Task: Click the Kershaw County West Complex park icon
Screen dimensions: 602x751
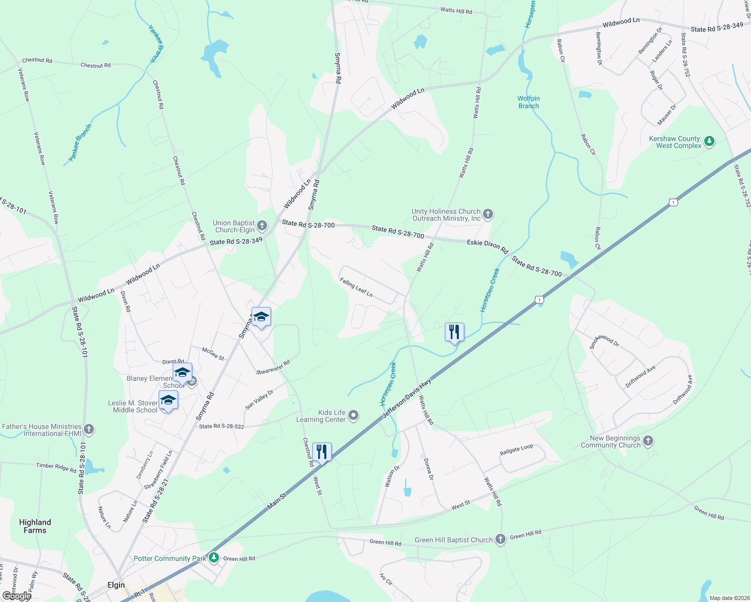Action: tap(709, 141)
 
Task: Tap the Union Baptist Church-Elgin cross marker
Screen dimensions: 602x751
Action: tap(262, 226)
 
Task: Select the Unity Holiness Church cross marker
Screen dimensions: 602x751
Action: tap(487, 215)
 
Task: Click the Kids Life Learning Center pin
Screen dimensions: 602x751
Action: tap(353, 415)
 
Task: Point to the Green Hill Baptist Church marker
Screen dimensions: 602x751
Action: tap(500, 539)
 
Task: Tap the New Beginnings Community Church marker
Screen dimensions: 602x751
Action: tap(648, 441)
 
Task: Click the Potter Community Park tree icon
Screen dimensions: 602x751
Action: tap(214, 557)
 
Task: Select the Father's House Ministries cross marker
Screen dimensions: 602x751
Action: tap(89, 429)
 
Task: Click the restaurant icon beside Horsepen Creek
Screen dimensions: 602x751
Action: tap(454, 332)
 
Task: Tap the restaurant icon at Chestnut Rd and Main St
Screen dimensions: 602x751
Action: tap(322, 452)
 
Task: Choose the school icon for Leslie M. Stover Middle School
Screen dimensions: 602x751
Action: tap(168, 400)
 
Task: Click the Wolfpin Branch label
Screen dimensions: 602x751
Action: tap(529, 102)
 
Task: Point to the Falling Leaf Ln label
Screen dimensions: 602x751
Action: tap(356, 287)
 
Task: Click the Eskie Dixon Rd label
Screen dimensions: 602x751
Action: tap(487, 246)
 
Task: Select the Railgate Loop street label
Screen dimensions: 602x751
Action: tap(516, 450)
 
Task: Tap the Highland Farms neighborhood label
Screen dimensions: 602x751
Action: tap(35, 526)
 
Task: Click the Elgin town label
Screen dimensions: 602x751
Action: tap(116, 585)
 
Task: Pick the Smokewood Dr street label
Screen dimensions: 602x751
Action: tap(604, 341)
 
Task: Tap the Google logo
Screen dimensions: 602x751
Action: tap(17, 595)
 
